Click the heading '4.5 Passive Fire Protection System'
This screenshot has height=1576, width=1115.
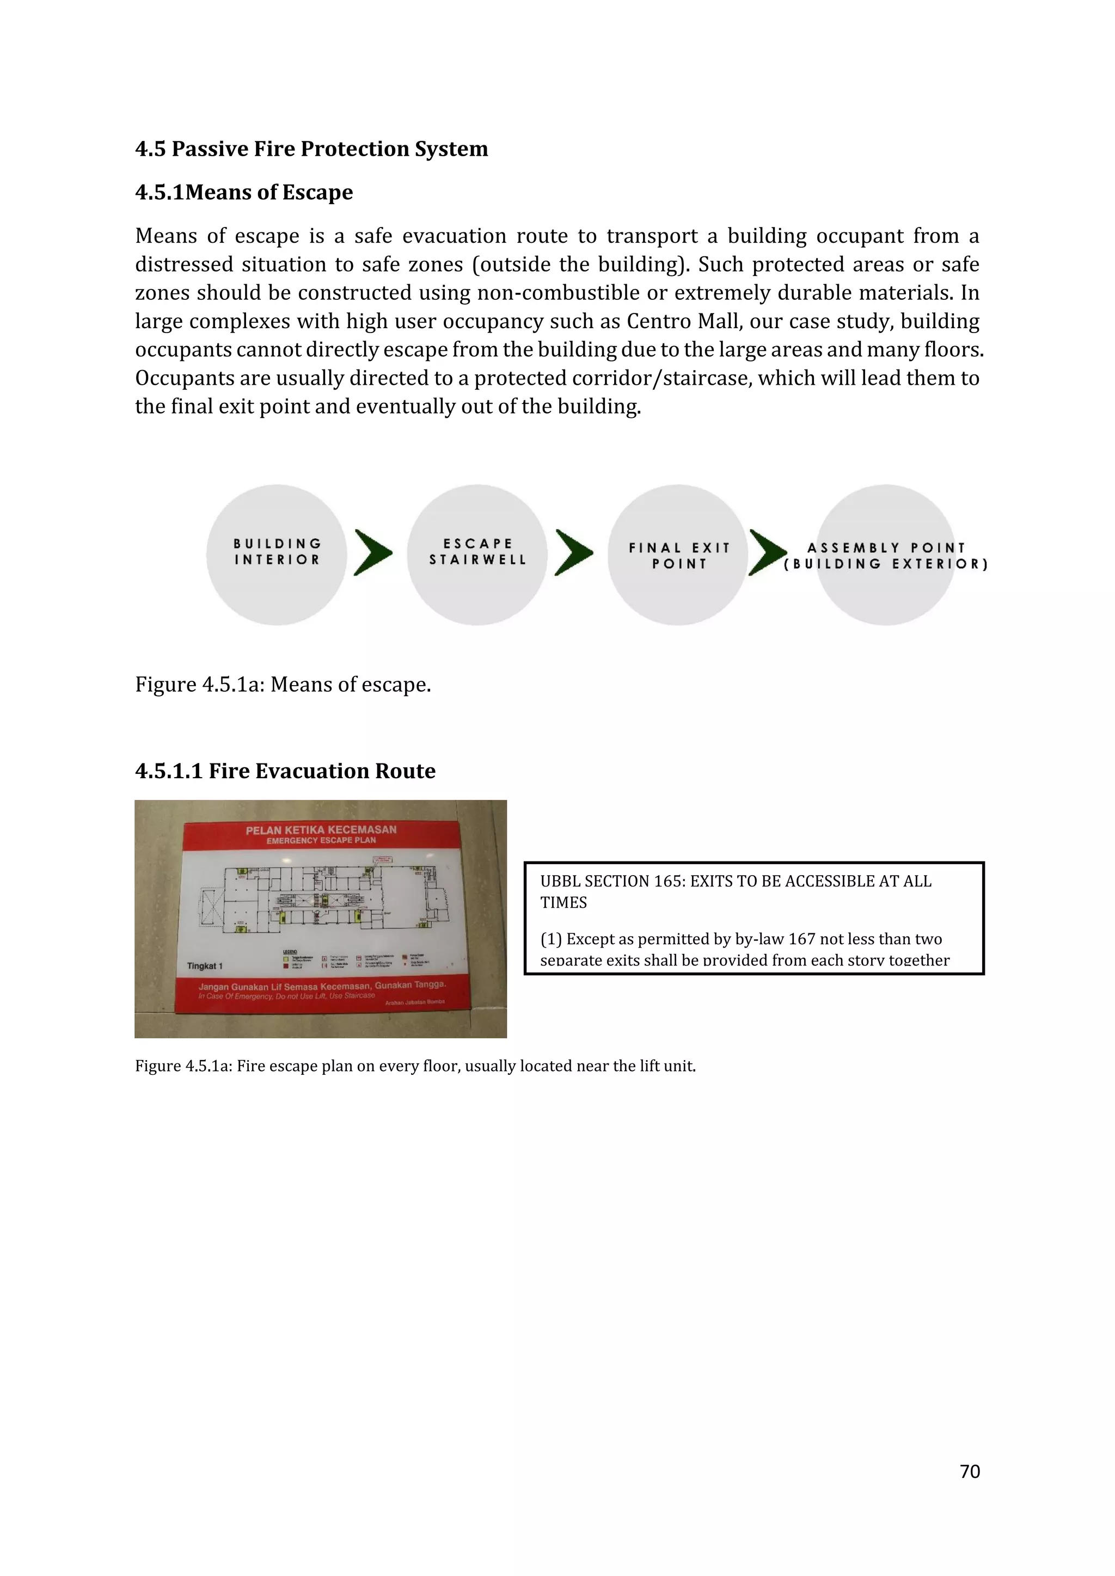[311, 149]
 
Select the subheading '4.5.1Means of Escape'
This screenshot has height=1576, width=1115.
[244, 192]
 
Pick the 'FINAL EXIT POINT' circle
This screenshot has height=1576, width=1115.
[678, 555]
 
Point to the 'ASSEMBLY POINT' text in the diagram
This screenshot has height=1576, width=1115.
[886, 548]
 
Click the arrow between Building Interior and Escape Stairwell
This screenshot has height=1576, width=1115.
[373, 552]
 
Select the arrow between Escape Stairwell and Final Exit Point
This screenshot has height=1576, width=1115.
[574, 552]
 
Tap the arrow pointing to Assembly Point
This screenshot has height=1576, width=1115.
[768, 552]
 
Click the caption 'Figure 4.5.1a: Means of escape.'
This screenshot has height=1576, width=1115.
[283, 685]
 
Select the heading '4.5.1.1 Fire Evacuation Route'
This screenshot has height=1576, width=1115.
[285, 771]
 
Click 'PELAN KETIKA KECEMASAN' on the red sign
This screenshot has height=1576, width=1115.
[321, 829]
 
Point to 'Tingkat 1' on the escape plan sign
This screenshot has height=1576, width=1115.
[205, 966]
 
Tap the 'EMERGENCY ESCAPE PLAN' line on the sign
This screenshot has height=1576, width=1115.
[321, 840]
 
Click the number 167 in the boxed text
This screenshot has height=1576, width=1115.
[801, 939]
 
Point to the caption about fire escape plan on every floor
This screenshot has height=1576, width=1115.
[415, 1066]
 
